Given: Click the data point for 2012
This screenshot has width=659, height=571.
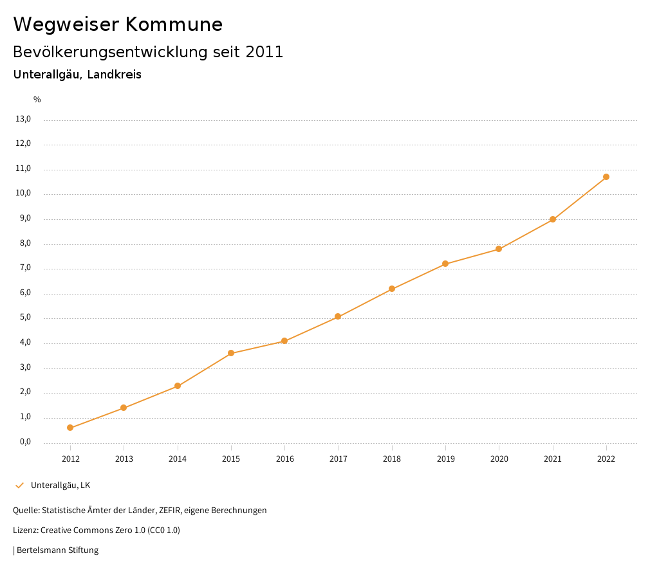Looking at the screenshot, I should tap(70, 428).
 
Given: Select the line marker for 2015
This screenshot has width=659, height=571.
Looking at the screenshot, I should tap(231, 353).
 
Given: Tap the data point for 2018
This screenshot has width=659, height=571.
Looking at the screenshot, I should tap(392, 289).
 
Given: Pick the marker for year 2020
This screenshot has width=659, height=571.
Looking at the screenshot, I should tap(499, 249).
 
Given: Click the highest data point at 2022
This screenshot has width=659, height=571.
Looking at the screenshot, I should tap(606, 177).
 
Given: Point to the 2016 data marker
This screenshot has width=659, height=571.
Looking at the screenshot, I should tap(284, 341).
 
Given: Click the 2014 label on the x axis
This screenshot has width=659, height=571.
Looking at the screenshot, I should tap(178, 458).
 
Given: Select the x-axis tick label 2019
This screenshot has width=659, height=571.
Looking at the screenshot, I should tap(445, 458).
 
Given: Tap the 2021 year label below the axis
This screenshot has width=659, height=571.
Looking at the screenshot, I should tap(553, 458).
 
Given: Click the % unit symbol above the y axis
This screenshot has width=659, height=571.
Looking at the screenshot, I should tap(37, 100).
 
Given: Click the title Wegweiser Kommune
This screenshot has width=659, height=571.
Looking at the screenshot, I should tap(118, 24).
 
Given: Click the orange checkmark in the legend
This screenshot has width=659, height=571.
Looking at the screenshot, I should tap(19, 485).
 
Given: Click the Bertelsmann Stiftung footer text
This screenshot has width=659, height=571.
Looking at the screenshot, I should tap(57, 550).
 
